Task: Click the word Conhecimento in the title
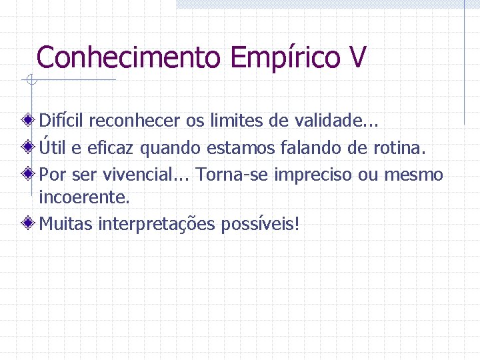pos(128,57)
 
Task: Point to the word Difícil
pos(61,121)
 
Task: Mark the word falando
pos(309,148)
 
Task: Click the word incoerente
pos(84,197)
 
